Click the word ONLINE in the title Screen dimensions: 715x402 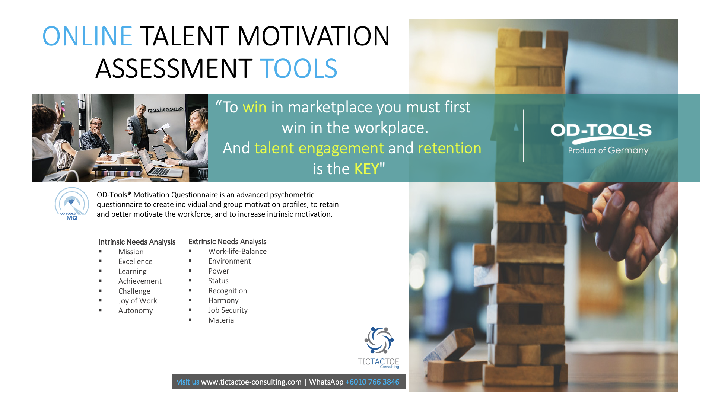(87, 36)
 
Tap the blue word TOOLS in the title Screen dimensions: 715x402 (298, 68)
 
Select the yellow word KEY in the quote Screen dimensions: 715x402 (366, 169)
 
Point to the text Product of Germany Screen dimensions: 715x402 (608, 150)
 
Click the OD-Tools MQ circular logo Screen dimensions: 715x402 (72, 204)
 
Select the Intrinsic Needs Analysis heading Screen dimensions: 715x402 (137, 242)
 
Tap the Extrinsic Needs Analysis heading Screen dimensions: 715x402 (227, 242)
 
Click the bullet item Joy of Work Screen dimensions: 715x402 (138, 301)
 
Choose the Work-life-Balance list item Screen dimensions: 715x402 (237, 251)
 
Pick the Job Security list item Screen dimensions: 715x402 (228, 310)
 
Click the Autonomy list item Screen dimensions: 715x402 (136, 310)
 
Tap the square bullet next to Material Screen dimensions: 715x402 (190, 320)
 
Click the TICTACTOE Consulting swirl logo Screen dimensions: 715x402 (379, 340)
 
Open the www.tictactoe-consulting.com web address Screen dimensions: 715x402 (251, 382)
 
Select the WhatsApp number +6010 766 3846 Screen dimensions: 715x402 (372, 382)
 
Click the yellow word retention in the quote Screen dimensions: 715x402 (449, 148)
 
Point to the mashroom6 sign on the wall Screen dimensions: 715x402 (166, 109)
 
